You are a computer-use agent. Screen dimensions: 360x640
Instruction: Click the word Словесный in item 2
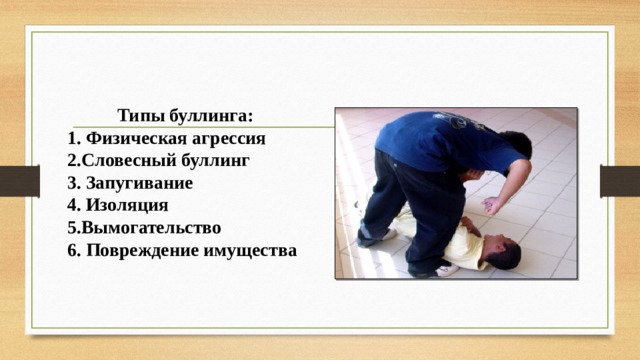coord(125,160)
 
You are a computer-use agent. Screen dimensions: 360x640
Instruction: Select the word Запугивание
coord(139,183)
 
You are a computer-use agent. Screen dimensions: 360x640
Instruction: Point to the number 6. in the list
coord(74,250)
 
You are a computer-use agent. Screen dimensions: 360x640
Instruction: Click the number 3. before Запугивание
coord(74,183)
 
